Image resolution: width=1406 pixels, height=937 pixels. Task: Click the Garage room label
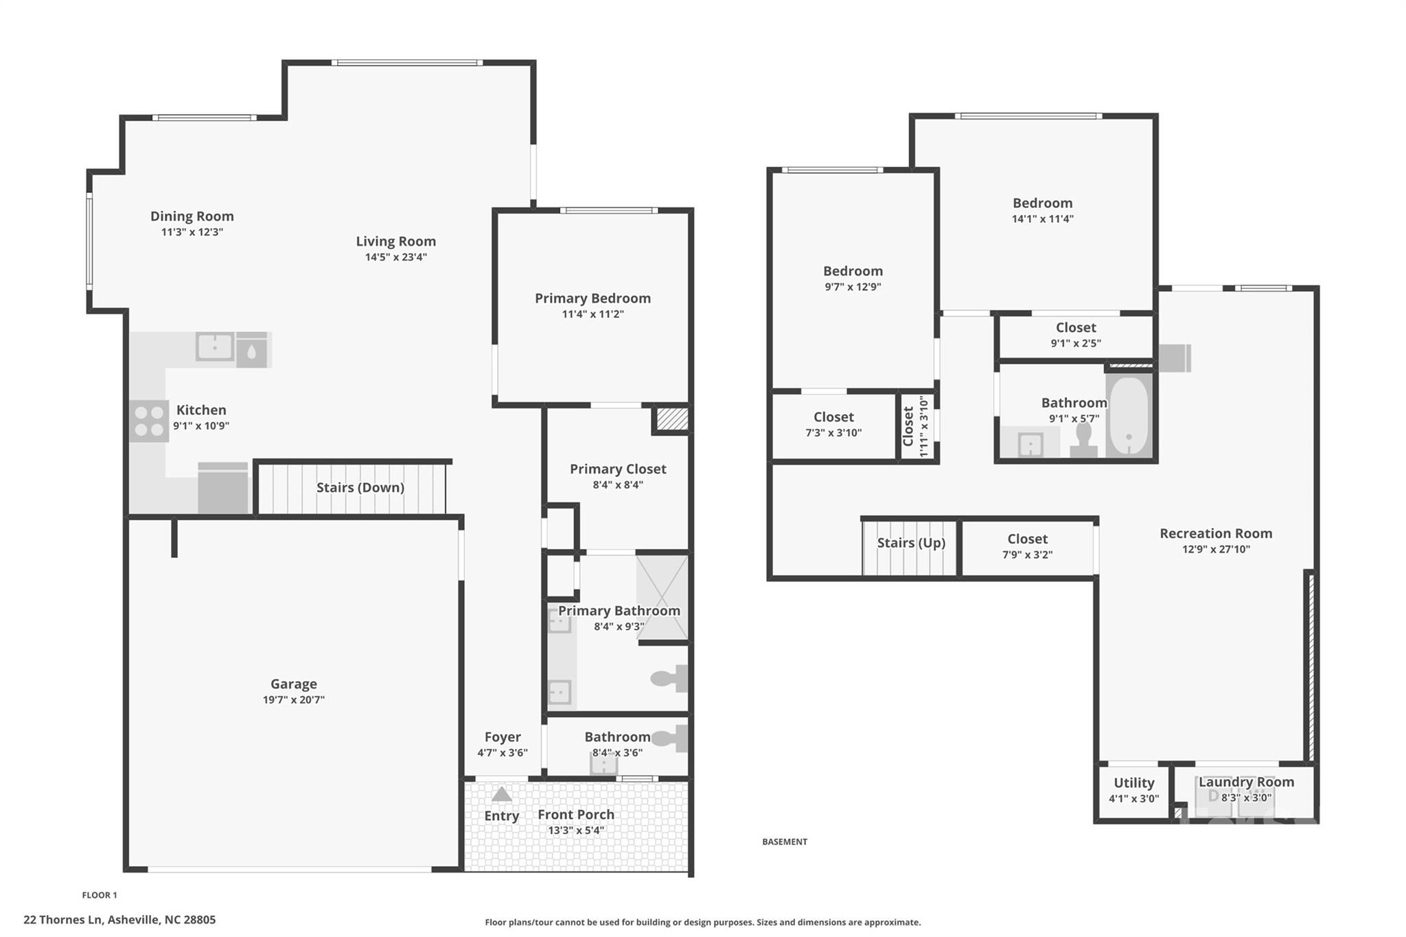coord(293,684)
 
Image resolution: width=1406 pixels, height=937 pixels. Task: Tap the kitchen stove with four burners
coord(148,421)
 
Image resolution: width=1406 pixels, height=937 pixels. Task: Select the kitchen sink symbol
coord(215,346)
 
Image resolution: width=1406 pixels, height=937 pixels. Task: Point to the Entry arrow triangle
coord(502,794)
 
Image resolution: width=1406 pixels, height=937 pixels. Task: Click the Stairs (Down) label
coord(360,487)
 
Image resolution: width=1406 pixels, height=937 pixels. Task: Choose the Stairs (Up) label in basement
coord(911,543)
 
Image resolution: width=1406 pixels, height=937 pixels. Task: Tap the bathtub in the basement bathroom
coord(1129,415)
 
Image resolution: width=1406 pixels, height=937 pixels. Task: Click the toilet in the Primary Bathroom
coord(669,678)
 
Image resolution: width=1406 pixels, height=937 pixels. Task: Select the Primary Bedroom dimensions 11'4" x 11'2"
coord(592,314)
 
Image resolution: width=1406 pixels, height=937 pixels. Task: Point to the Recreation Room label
coord(1216,533)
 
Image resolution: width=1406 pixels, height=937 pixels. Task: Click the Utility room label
coord(1133,783)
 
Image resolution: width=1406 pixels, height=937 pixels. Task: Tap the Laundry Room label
coord(1246,782)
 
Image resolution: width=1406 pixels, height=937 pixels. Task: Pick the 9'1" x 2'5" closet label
coord(1076,343)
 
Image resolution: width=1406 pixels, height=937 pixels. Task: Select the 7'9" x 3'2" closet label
coord(1027,555)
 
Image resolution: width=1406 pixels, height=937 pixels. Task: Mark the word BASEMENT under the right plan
coord(785,842)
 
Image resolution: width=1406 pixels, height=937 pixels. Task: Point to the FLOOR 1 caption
coord(100,895)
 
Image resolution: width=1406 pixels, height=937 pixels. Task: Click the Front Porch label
coord(575,814)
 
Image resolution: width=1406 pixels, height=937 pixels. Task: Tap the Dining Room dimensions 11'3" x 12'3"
coord(192,232)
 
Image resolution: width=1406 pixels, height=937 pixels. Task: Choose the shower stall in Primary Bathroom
coord(662,596)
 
